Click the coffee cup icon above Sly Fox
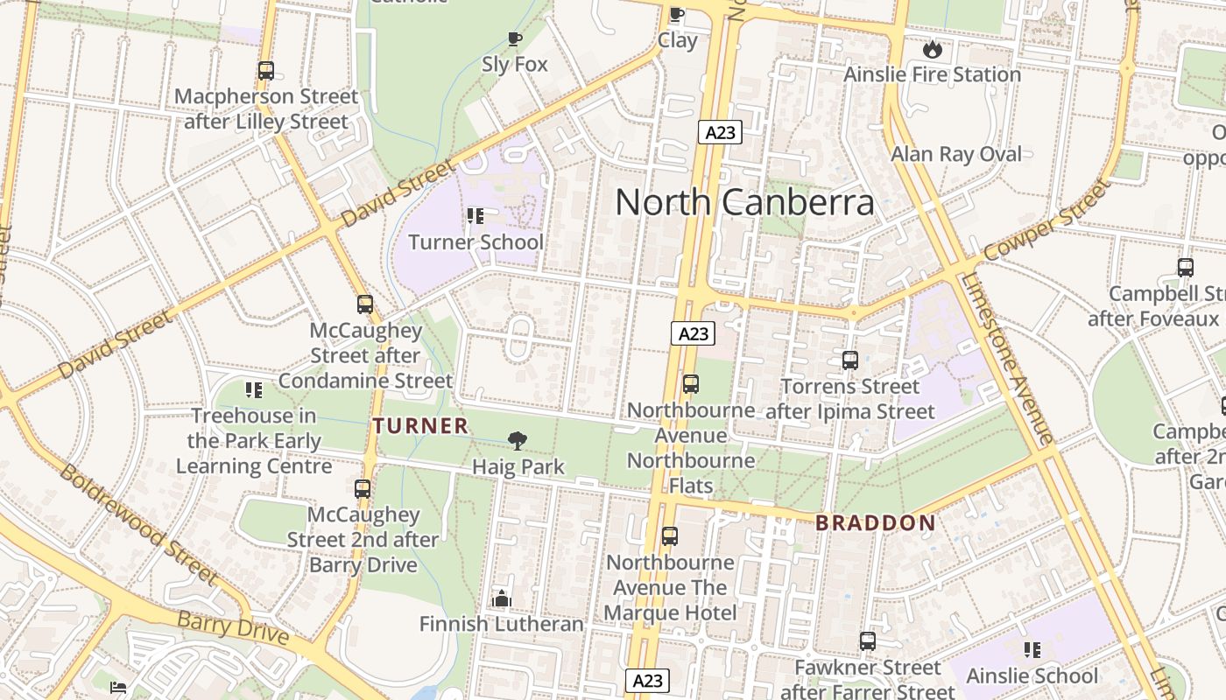[x=515, y=38]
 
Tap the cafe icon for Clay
[x=676, y=14]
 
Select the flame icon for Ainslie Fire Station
[x=932, y=49]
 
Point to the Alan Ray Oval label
[x=955, y=155]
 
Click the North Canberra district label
[x=744, y=202]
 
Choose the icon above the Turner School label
[x=476, y=215]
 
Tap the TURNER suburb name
[x=420, y=426]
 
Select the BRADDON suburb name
[x=875, y=523]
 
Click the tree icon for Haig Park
[x=518, y=441]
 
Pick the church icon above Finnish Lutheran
[x=501, y=598]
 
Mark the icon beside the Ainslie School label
[x=1032, y=649]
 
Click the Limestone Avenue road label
[x=1007, y=359]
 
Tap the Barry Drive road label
[x=232, y=627]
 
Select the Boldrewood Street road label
[x=137, y=523]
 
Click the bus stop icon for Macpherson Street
[x=266, y=71]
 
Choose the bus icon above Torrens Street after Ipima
[x=849, y=360]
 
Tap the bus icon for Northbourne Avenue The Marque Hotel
[x=670, y=536]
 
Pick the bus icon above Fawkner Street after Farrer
[x=867, y=641]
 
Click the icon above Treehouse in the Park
[x=254, y=390]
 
